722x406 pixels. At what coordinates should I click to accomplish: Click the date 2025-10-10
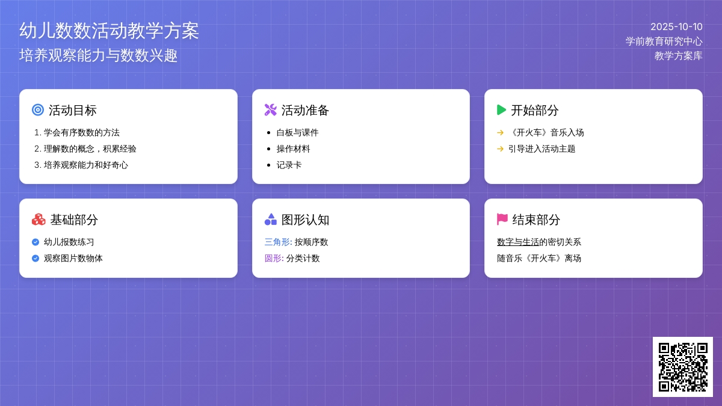coord(676,26)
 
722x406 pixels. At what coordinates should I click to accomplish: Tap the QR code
coord(683,367)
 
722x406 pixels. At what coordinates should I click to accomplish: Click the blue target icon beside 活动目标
coord(38,110)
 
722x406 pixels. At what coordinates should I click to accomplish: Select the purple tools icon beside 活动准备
coord(270,110)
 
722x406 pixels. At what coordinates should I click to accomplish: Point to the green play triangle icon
coord(502,110)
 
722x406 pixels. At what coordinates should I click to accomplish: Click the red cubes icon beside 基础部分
coord(39,220)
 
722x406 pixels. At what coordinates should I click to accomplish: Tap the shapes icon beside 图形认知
coord(270,219)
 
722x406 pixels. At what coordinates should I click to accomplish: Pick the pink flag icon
coord(502,220)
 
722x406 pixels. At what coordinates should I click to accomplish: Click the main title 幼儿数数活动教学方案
coord(109,31)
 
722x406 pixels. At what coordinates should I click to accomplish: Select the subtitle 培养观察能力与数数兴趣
coord(98,55)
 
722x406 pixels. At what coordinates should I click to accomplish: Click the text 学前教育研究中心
coord(664,42)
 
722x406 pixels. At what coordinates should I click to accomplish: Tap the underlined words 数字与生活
coord(518,242)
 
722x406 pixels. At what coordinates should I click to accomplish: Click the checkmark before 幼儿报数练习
coord(35,242)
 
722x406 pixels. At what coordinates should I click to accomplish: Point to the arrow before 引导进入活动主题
coord(500,149)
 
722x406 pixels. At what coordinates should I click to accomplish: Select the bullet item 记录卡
coord(289,165)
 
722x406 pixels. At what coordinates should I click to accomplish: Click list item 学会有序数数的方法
coord(82,132)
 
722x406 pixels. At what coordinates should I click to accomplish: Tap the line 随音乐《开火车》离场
coord(539,258)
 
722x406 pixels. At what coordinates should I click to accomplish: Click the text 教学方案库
coord(679,56)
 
